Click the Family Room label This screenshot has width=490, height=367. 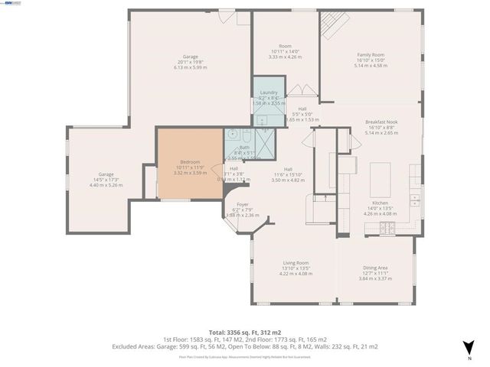coord(371,55)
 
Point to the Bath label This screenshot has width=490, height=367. coord(244,148)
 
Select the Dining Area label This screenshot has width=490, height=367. coord(374,268)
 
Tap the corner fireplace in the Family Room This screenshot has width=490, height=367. coord(331,24)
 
